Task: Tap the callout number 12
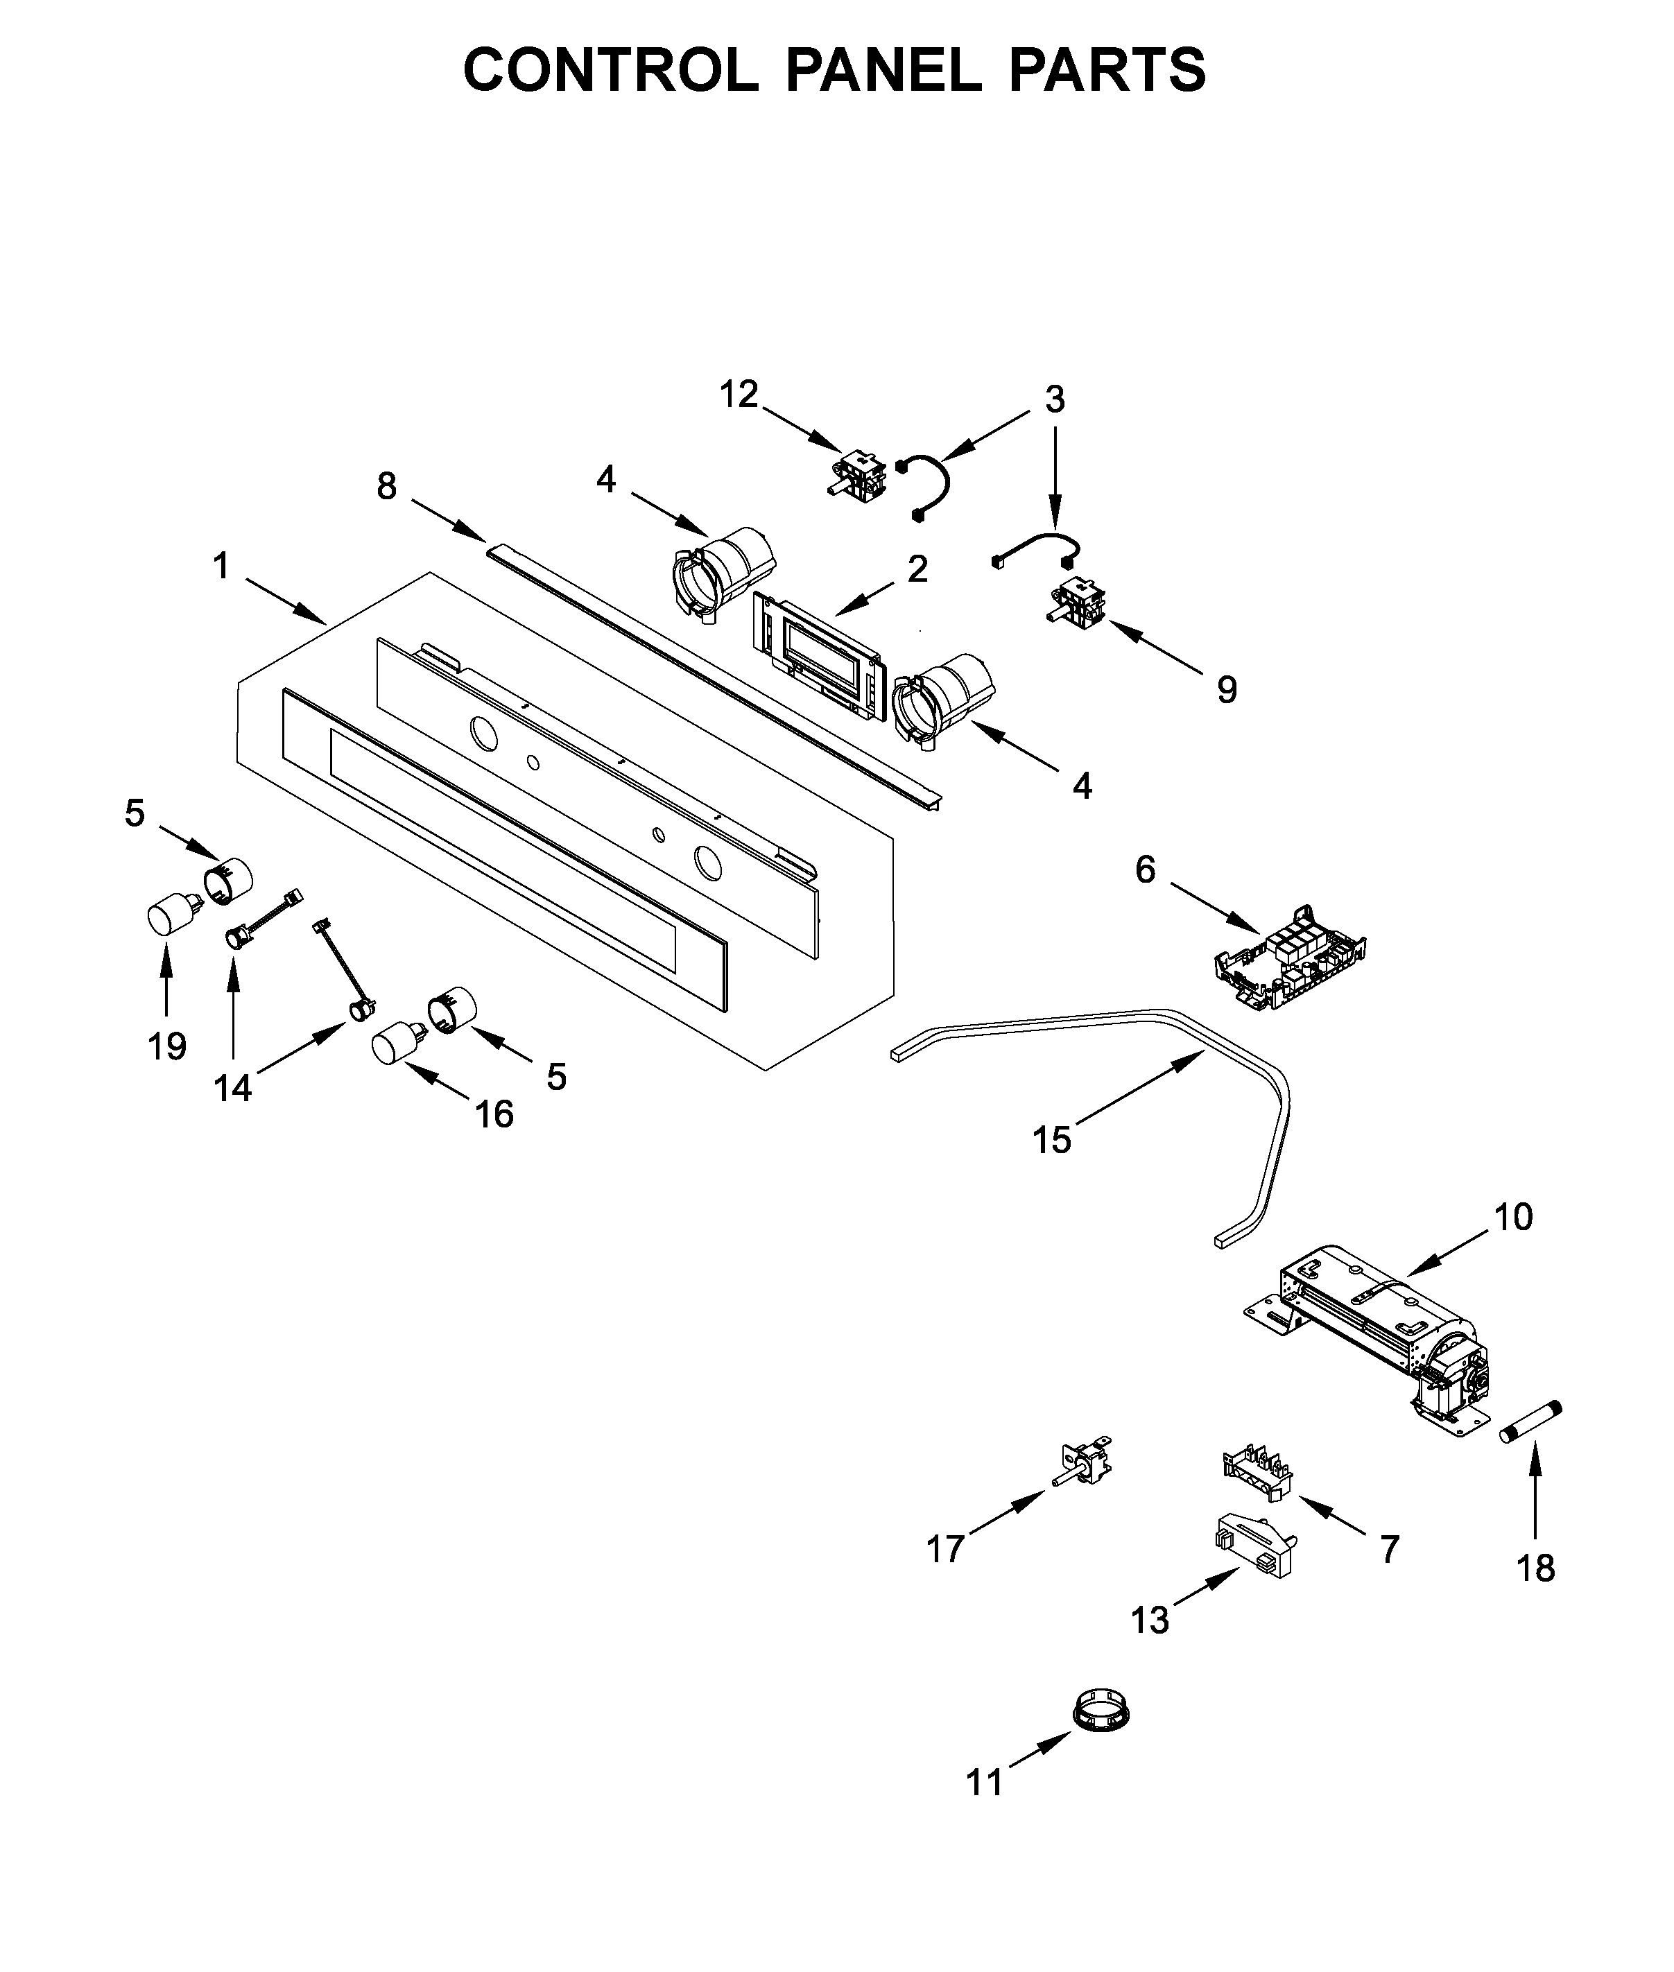pos(739,394)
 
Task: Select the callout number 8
pos(386,487)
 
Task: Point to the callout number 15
pos(1051,1140)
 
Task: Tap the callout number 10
pos(1514,1217)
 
